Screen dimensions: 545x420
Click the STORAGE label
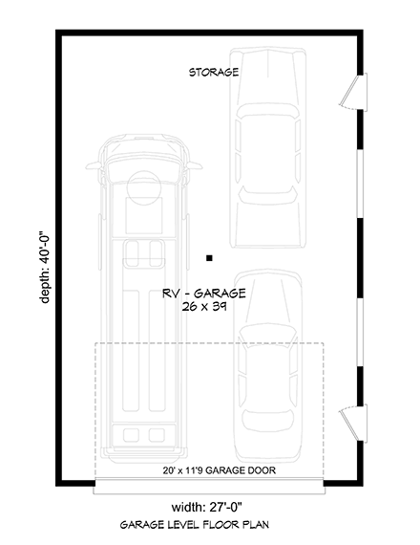coord(213,72)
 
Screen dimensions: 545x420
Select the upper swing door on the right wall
coord(355,91)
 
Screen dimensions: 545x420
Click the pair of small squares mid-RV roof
coord(145,252)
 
